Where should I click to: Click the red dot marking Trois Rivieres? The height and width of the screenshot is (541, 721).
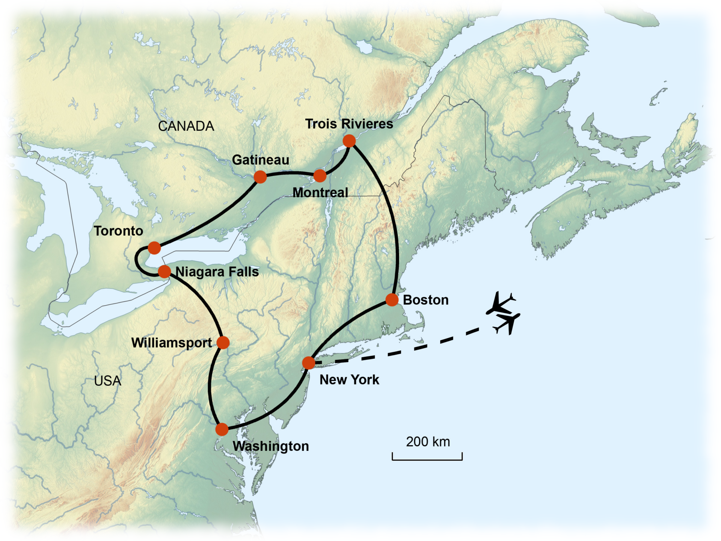(349, 141)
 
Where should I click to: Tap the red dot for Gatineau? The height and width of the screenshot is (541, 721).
(260, 177)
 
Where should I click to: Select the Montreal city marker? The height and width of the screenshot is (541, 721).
(320, 175)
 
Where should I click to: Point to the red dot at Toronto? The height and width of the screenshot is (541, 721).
(154, 248)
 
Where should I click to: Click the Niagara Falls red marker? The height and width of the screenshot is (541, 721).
(164, 271)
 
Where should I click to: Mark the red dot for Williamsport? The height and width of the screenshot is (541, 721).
(223, 342)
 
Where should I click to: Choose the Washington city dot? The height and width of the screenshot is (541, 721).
(222, 429)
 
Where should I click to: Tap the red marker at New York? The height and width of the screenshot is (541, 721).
(308, 363)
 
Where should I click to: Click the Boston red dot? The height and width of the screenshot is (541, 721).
(392, 300)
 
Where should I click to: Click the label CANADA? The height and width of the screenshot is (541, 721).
(186, 126)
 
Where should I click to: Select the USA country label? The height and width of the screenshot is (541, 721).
(108, 381)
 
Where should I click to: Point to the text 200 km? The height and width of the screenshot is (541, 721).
(428, 442)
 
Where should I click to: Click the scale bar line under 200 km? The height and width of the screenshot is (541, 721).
(427, 459)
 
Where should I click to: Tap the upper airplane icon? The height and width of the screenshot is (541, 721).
(501, 304)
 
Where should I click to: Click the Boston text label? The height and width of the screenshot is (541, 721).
(425, 300)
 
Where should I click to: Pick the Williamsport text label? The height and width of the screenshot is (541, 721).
(172, 343)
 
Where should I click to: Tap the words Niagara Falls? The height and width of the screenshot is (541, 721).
(217, 272)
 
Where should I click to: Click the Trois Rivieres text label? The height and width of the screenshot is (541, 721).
(349, 124)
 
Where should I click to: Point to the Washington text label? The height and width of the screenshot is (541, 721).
(270, 446)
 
